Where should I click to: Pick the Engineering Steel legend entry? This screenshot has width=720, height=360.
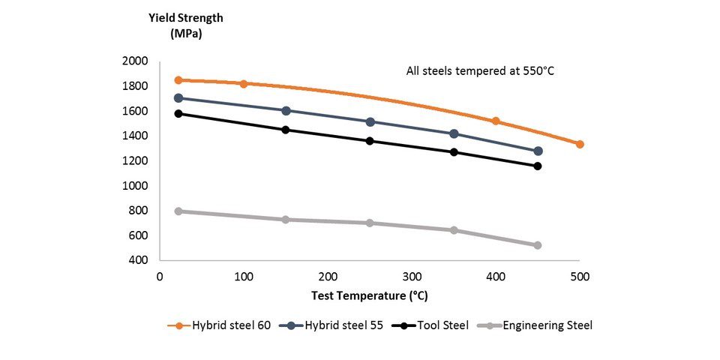point(537,325)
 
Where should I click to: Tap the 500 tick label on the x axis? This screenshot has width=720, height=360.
point(580,277)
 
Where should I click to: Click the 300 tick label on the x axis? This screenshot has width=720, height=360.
point(412,277)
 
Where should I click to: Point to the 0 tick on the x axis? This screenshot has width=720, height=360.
point(160,277)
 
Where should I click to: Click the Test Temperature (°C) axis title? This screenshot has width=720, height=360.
point(370,295)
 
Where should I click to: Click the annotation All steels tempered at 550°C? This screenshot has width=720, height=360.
point(479,72)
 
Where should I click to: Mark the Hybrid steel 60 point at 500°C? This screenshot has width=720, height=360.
point(580,144)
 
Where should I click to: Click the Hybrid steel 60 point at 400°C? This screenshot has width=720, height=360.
point(496,121)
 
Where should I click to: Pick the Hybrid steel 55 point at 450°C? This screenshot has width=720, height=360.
point(538,151)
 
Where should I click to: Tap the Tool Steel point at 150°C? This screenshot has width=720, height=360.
point(286,130)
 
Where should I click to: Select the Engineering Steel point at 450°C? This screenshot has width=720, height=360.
point(538,245)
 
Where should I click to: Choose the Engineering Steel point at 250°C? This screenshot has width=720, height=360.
point(370,223)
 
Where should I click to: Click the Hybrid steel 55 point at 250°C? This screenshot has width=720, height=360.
point(370,121)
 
